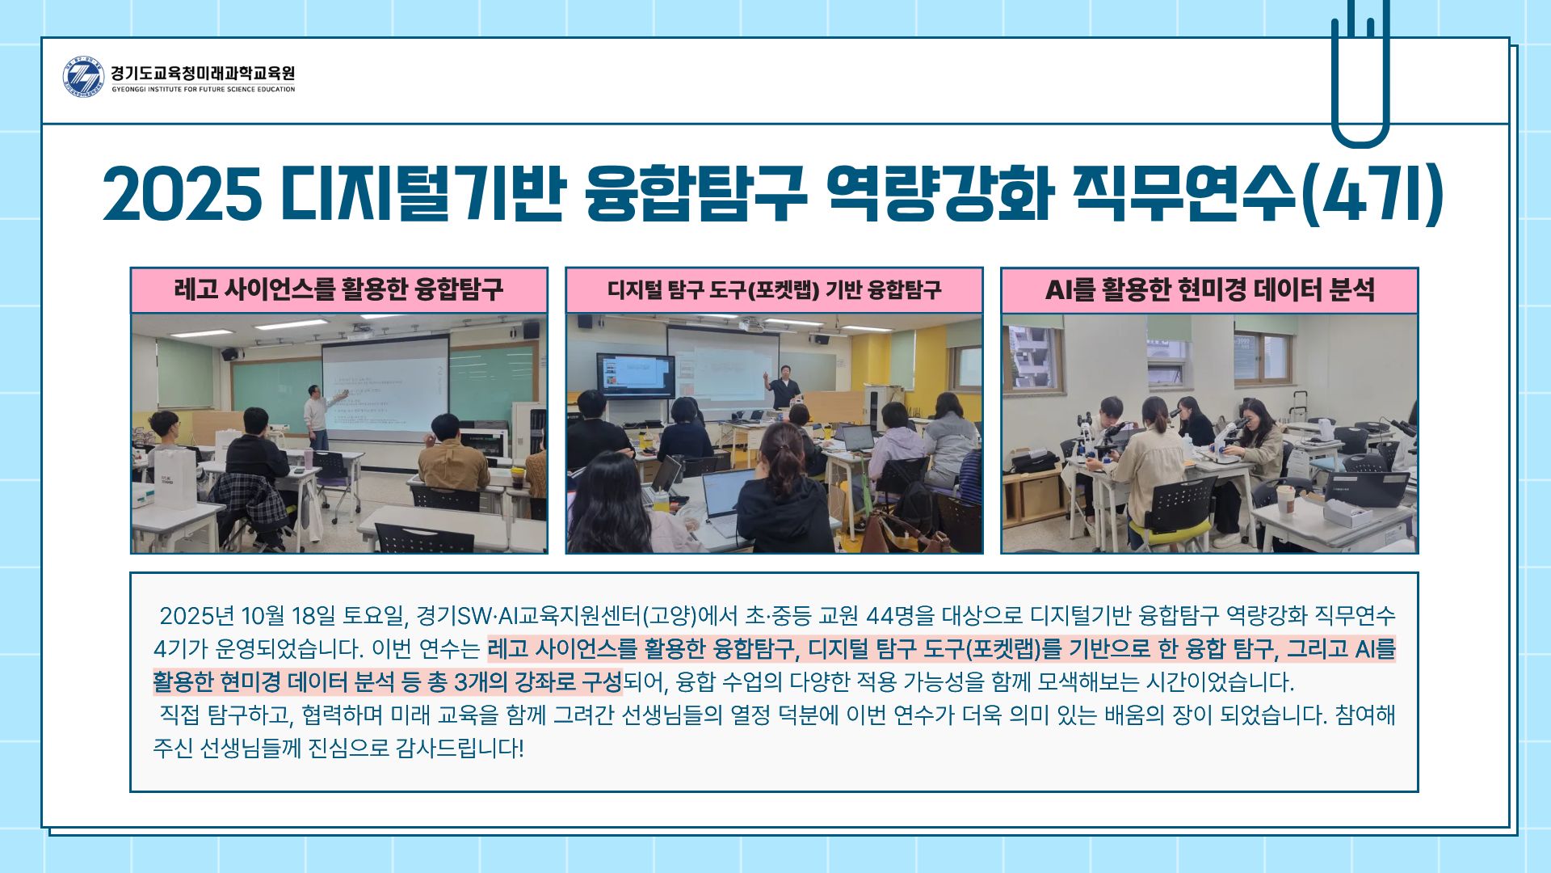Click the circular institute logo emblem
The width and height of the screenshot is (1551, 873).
point(83,78)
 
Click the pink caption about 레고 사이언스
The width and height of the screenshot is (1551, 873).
point(338,290)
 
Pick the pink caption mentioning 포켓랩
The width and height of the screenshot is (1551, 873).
point(774,290)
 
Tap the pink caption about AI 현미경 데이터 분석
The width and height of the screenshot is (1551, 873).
point(1209,290)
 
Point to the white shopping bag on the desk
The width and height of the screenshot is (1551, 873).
point(174,477)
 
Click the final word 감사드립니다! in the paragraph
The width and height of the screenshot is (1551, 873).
point(460,749)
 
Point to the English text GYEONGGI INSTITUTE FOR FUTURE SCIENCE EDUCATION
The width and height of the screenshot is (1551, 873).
point(204,90)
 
